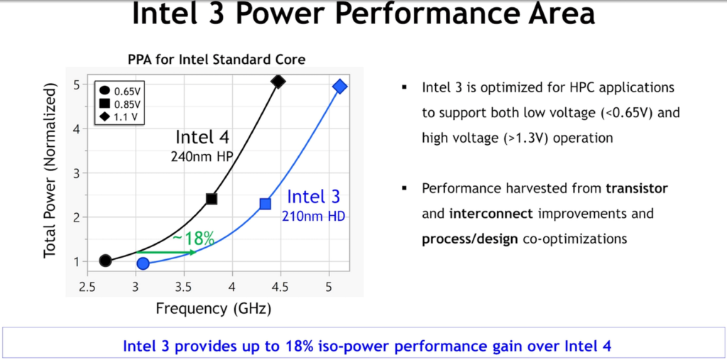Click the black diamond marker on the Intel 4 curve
(x=278, y=82)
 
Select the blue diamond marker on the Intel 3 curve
(x=340, y=87)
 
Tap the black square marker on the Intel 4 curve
(x=212, y=199)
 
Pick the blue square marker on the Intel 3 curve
(x=266, y=204)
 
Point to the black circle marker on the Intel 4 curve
(x=105, y=261)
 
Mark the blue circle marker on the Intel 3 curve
(x=143, y=263)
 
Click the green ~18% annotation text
(x=193, y=239)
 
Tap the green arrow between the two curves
(x=166, y=252)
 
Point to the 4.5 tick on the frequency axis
(x=280, y=287)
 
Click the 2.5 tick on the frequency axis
(x=87, y=287)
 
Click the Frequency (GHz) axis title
(x=213, y=308)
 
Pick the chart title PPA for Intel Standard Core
(x=217, y=60)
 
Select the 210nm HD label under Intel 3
(x=313, y=216)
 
